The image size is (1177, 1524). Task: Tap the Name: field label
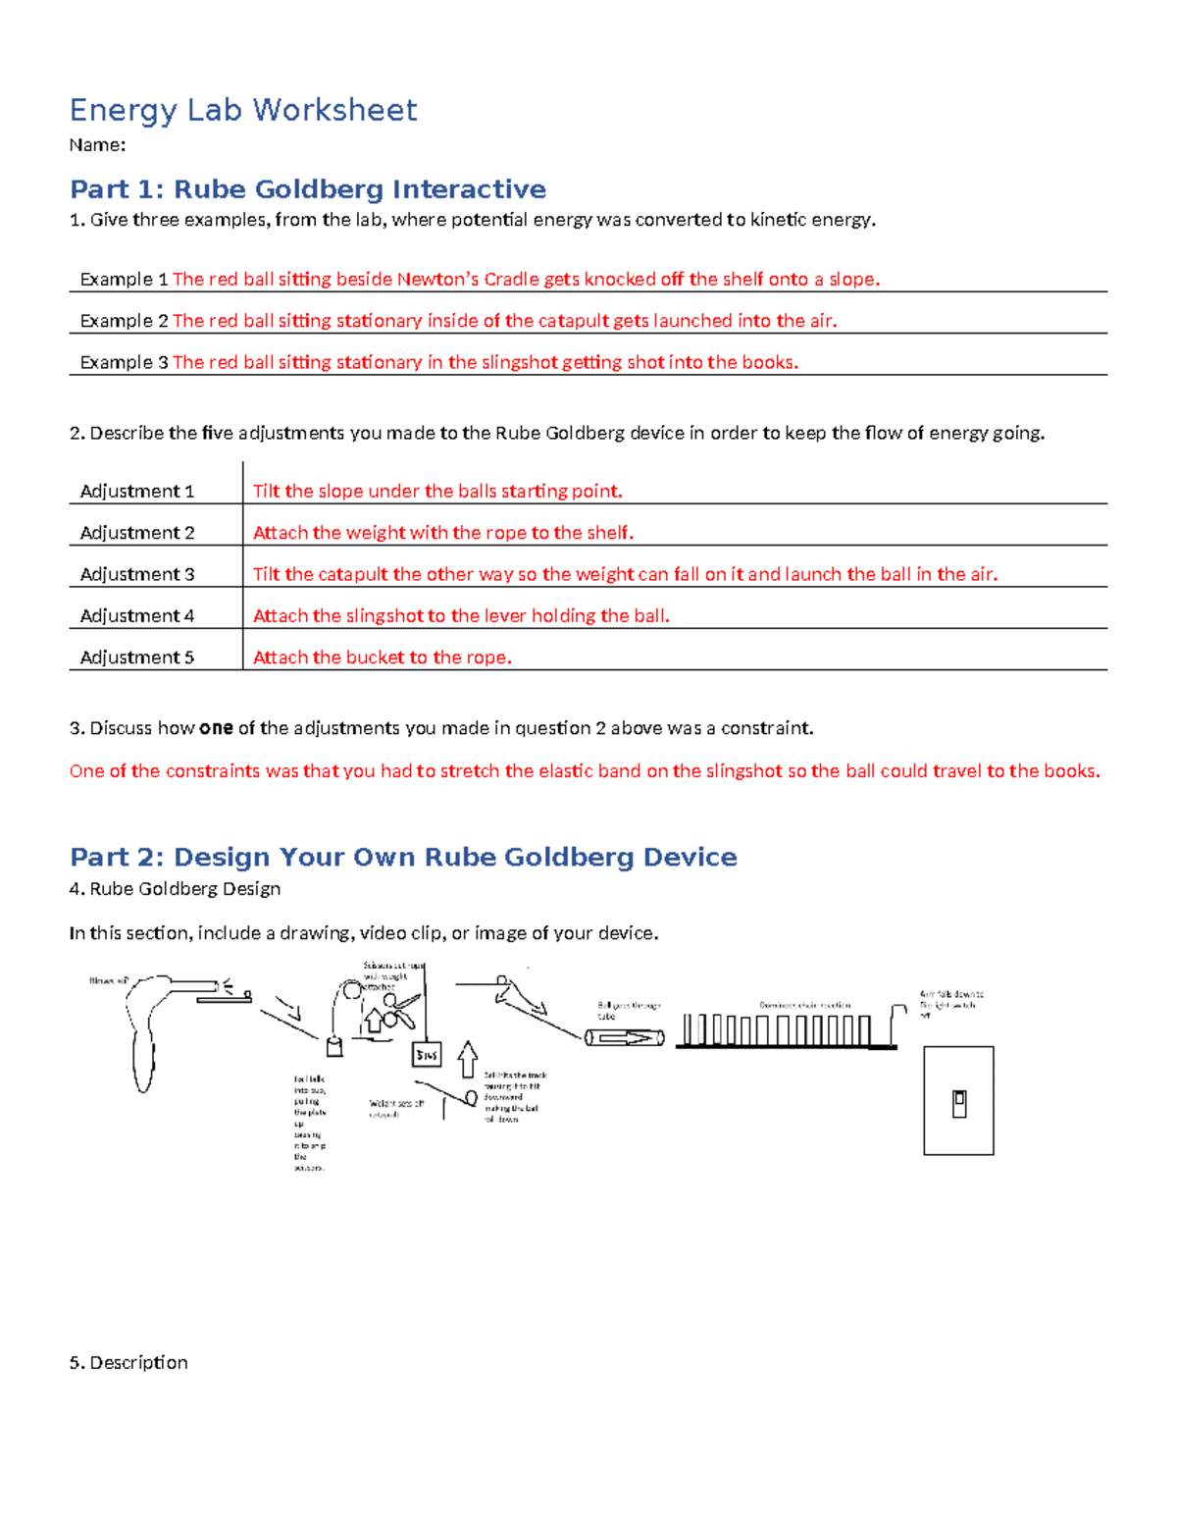(97, 145)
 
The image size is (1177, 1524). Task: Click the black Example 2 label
(124, 321)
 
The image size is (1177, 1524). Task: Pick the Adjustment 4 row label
(136, 616)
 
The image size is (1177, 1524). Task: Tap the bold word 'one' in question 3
(216, 728)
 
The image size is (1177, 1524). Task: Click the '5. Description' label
(128, 1362)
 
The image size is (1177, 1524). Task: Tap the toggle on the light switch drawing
(959, 1104)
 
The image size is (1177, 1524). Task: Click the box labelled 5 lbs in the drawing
(427, 1055)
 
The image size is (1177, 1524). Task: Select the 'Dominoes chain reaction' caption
(804, 1005)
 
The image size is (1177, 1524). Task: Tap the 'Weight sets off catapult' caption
(395, 1109)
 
